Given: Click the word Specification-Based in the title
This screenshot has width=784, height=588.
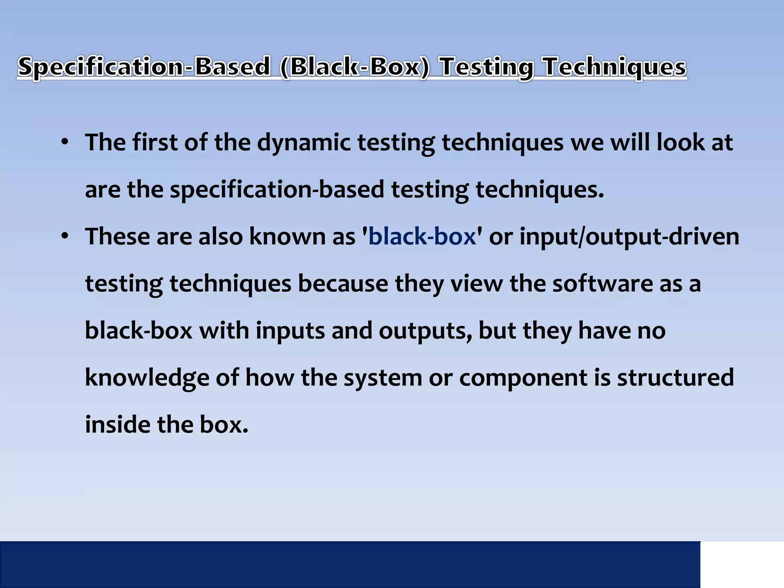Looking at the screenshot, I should coord(144,67).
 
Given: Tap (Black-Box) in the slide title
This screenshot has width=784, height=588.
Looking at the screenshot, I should coord(355,67).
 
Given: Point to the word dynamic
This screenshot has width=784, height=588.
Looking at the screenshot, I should coord(304,142).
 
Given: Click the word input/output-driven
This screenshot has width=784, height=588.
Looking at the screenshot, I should coord(629,236).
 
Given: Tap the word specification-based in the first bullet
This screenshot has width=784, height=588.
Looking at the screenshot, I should coord(277,189).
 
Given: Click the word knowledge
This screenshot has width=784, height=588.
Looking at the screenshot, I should coord(147,378).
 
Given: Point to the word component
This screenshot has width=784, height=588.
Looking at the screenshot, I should coord(523,378).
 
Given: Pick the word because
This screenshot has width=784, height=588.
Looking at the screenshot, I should coord(343,284).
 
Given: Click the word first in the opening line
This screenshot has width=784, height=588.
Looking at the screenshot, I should coord(155,142).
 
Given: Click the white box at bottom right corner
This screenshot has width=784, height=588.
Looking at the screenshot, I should coord(742,564).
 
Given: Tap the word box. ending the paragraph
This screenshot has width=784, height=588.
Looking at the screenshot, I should coord(224,425).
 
